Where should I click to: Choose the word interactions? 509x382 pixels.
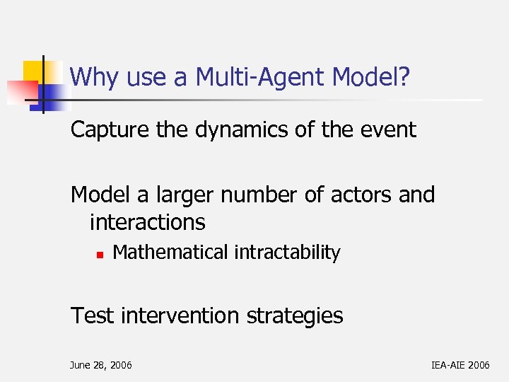pos(147,222)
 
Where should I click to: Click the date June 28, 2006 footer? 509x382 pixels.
pos(100,365)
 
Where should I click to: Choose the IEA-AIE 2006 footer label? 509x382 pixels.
pos(460,365)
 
